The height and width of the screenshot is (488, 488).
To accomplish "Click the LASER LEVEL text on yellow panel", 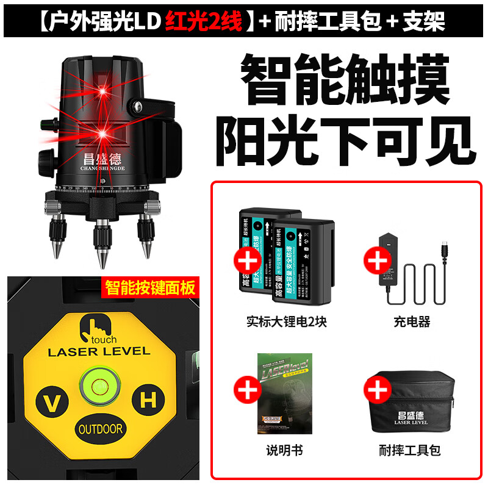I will (x=99, y=351).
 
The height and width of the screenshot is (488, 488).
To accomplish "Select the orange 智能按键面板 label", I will (x=151, y=287).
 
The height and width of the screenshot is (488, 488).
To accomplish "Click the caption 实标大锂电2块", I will (x=286, y=321).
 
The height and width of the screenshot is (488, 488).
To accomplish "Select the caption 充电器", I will (x=412, y=321).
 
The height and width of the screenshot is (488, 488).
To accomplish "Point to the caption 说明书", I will (x=284, y=451).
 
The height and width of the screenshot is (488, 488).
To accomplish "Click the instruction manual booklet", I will (x=284, y=393).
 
